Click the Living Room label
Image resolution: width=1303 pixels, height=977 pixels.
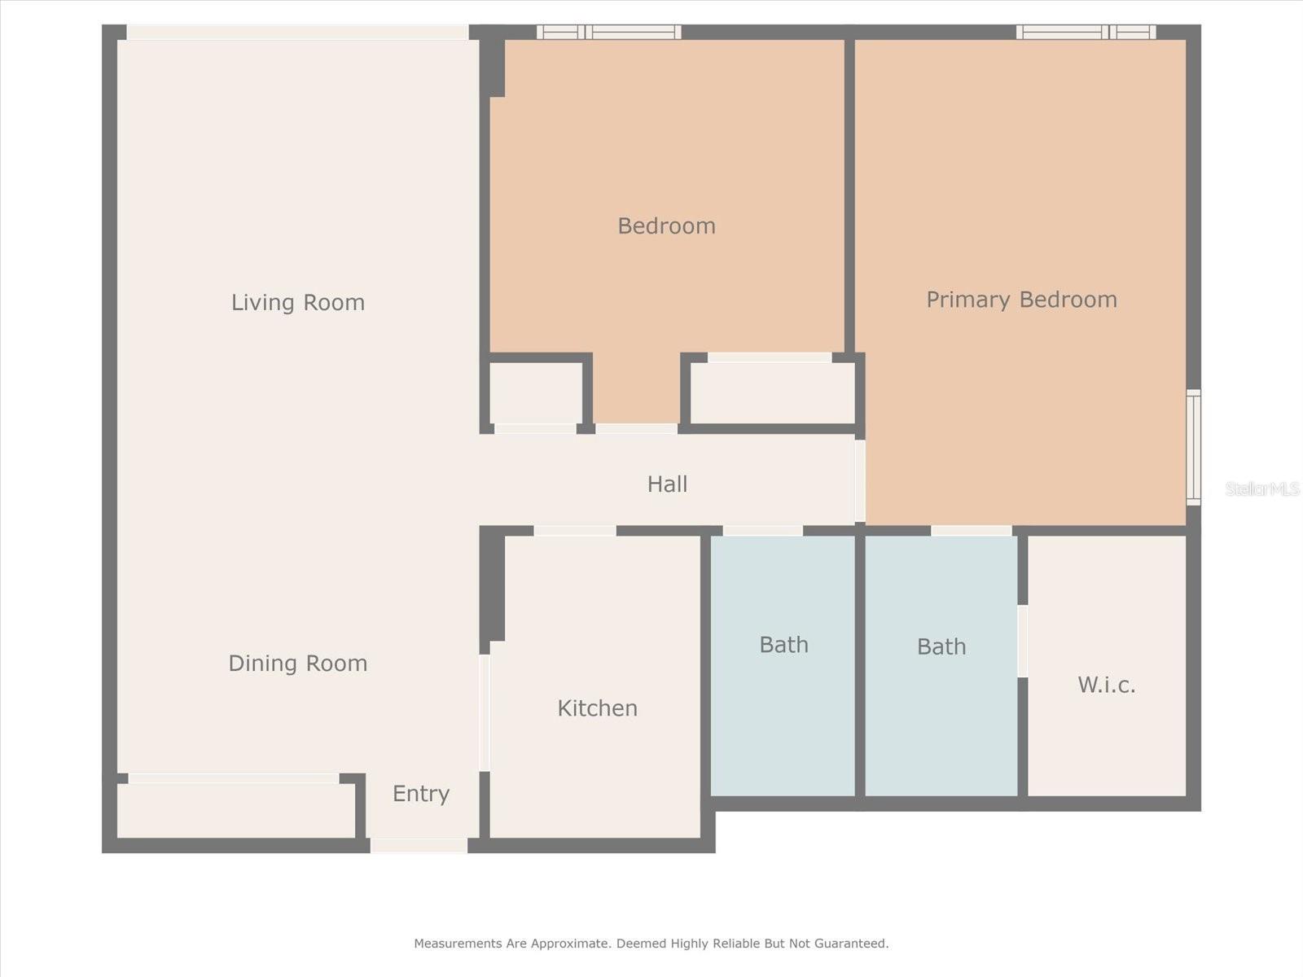(297, 303)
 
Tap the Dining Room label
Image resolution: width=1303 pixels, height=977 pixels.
(297, 664)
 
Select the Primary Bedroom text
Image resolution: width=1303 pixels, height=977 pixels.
(1021, 300)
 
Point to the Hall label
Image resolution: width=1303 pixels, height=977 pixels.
(667, 484)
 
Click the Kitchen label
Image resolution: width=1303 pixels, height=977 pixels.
(597, 708)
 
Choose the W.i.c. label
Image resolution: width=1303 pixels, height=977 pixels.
(1106, 685)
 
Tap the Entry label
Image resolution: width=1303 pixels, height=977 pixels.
(420, 794)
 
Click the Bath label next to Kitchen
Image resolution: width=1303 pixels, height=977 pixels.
(783, 645)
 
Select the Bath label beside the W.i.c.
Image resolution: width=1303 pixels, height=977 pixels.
(941, 646)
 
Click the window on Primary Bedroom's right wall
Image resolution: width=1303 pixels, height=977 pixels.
(1193, 447)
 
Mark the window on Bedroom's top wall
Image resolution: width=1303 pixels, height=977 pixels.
(608, 33)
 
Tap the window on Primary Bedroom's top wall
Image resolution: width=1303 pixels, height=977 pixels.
(1086, 33)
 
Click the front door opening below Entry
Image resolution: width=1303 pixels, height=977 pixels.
(419, 846)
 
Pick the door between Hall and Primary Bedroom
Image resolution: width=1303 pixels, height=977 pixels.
(860, 480)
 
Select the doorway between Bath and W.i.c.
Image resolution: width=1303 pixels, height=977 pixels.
(1022, 641)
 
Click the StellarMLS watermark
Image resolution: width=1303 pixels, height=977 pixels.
(1261, 488)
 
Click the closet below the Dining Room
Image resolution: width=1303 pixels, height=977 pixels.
(235, 810)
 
